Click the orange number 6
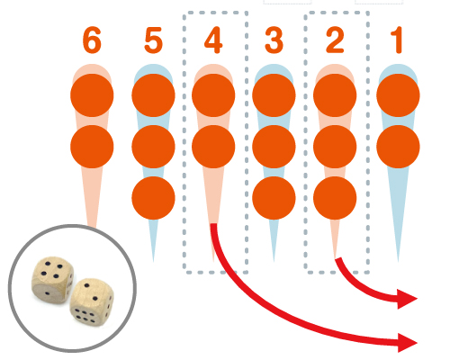[92, 40]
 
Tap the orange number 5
[153, 40]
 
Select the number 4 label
[213, 40]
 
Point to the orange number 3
[274, 40]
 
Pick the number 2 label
[335, 40]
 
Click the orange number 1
[397, 40]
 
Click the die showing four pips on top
[53, 280]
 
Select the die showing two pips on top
[92, 302]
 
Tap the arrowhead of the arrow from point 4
[408, 343]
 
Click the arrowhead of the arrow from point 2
[407, 299]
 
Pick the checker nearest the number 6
[92, 95]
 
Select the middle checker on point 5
[153, 147]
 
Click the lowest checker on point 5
[153, 198]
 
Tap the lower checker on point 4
[213, 147]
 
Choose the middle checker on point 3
[274, 147]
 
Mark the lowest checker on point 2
[335, 198]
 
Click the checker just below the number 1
[398, 95]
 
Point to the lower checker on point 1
[398, 147]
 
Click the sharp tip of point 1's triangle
[398, 262]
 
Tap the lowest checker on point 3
[274, 198]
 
